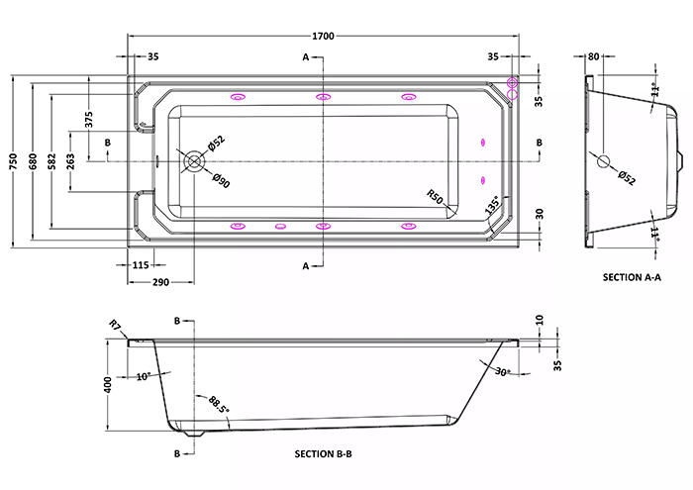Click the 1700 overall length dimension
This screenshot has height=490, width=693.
(x=323, y=37)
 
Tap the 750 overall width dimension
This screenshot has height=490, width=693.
(x=13, y=161)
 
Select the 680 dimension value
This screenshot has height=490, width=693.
(x=33, y=161)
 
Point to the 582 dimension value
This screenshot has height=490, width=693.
(x=51, y=161)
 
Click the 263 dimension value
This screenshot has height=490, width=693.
(x=70, y=161)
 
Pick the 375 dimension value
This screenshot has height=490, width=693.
(x=89, y=120)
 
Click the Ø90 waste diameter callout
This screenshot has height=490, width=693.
(x=221, y=181)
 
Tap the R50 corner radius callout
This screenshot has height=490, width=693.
(x=435, y=197)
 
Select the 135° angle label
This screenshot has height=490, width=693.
(x=493, y=205)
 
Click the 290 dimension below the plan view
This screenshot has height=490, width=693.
(x=160, y=282)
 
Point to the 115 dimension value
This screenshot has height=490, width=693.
(x=141, y=265)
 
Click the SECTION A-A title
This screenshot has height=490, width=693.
(x=632, y=277)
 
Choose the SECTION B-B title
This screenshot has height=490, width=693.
(x=324, y=453)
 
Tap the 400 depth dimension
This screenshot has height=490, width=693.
(x=108, y=384)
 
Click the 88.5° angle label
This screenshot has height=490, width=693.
(x=219, y=405)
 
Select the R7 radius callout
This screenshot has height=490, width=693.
(x=115, y=326)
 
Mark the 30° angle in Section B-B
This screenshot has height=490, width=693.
(x=502, y=372)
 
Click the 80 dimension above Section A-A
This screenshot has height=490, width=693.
(x=594, y=56)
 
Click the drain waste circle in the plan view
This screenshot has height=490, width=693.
(x=194, y=161)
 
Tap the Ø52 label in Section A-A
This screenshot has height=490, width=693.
(x=627, y=177)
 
